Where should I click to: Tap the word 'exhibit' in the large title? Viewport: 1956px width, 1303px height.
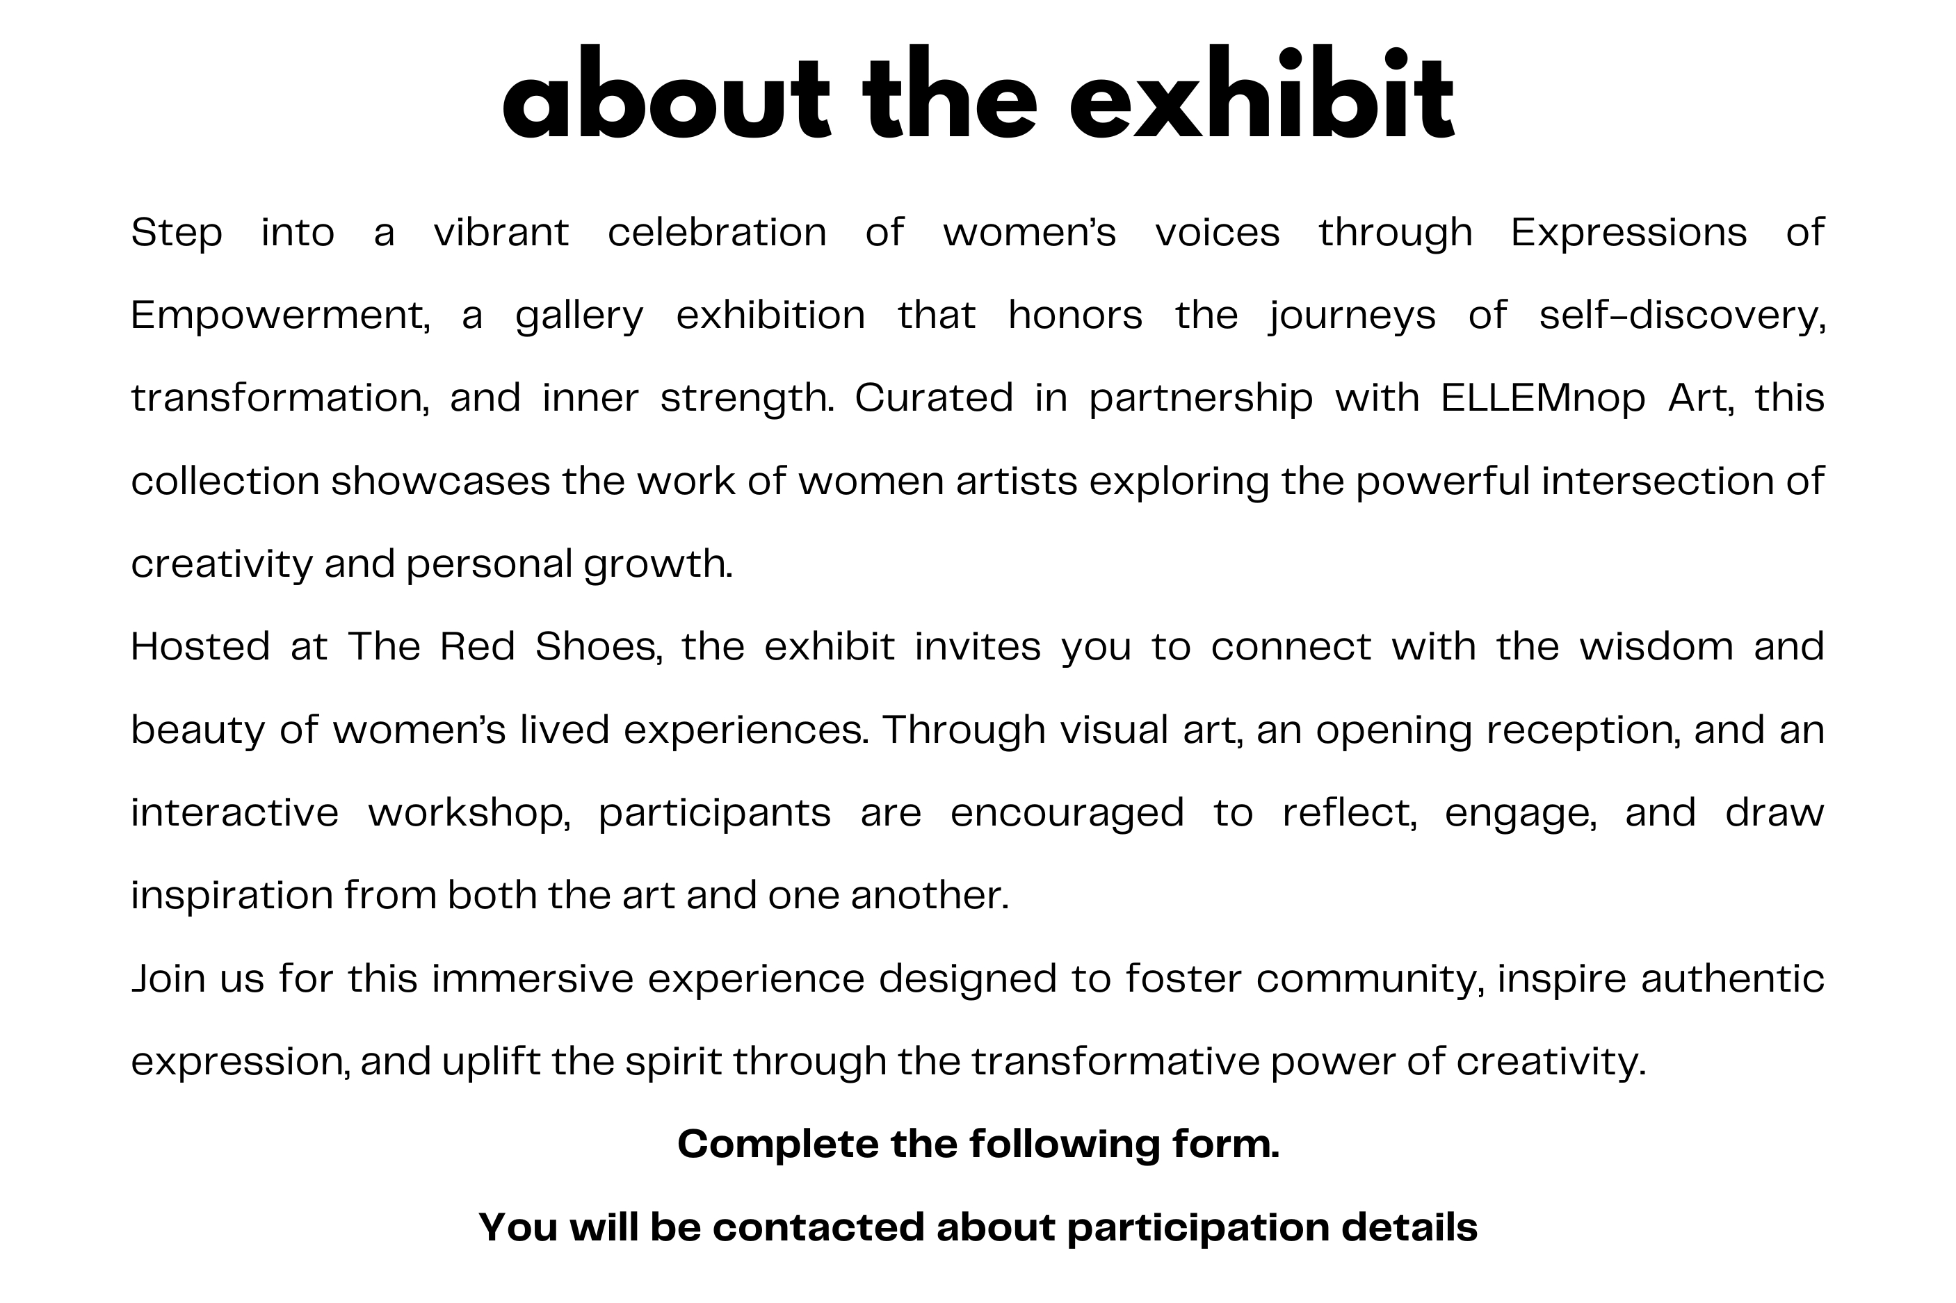coord(1262,94)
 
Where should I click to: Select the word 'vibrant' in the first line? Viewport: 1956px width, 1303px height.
coord(501,232)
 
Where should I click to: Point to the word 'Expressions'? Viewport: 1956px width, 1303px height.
coord(1628,233)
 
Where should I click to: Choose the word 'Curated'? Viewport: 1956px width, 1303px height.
coord(934,398)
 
